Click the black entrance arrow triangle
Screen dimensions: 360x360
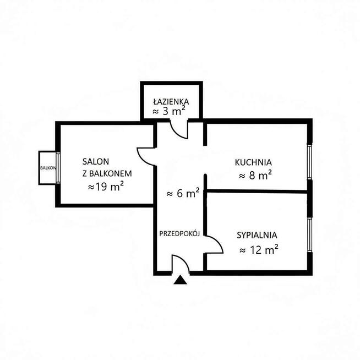180,280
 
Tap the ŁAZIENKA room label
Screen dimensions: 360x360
171,101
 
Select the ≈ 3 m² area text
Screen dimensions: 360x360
169,112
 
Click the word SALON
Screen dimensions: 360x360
96,162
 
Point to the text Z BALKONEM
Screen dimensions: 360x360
107,173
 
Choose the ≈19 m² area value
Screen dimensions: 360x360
106,187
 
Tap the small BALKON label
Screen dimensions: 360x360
48,168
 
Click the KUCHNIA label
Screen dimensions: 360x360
253,162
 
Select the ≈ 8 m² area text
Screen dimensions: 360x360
255,176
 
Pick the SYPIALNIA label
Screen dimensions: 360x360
257,236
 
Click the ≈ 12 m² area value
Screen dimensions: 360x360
259,249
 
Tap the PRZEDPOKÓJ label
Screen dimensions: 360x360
179,234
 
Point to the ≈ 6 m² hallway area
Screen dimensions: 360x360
183,193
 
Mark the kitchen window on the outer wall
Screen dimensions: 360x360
310,162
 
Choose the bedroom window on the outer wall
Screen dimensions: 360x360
310,234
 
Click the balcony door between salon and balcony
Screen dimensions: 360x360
58,168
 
